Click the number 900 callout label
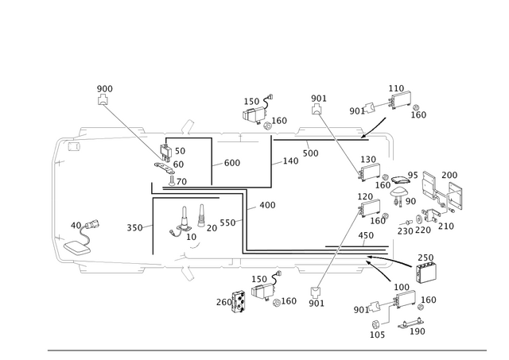tap(104, 88)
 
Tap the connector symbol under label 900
tap(103, 99)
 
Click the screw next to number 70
tap(171, 180)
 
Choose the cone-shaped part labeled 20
tap(201, 215)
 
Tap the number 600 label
tap(232, 162)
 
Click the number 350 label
tap(134, 227)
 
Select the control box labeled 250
tap(426, 273)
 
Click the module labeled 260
tap(239, 302)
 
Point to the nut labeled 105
tap(375, 324)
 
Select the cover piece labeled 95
tap(401, 180)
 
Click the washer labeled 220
tap(419, 219)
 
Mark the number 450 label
tap(366, 235)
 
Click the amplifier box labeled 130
tap(369, 171)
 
